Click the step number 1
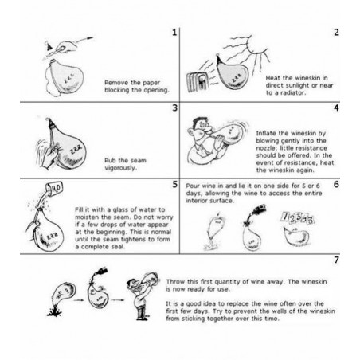pos(174,33)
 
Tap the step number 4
pos(336,108)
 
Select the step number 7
pos(336,260)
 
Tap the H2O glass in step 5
pos(54,188)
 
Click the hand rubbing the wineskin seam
pos(49,157)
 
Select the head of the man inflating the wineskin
pos(200,128)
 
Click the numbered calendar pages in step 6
pos(297,218)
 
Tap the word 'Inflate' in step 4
pos(266,133)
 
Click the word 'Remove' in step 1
pos(115,83)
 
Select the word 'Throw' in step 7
pos(175,282)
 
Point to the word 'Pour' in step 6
pos(193,186)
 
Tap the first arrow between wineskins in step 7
pos(79,300)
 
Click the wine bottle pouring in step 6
pos(257,210)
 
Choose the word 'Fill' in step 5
pos(79,209)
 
